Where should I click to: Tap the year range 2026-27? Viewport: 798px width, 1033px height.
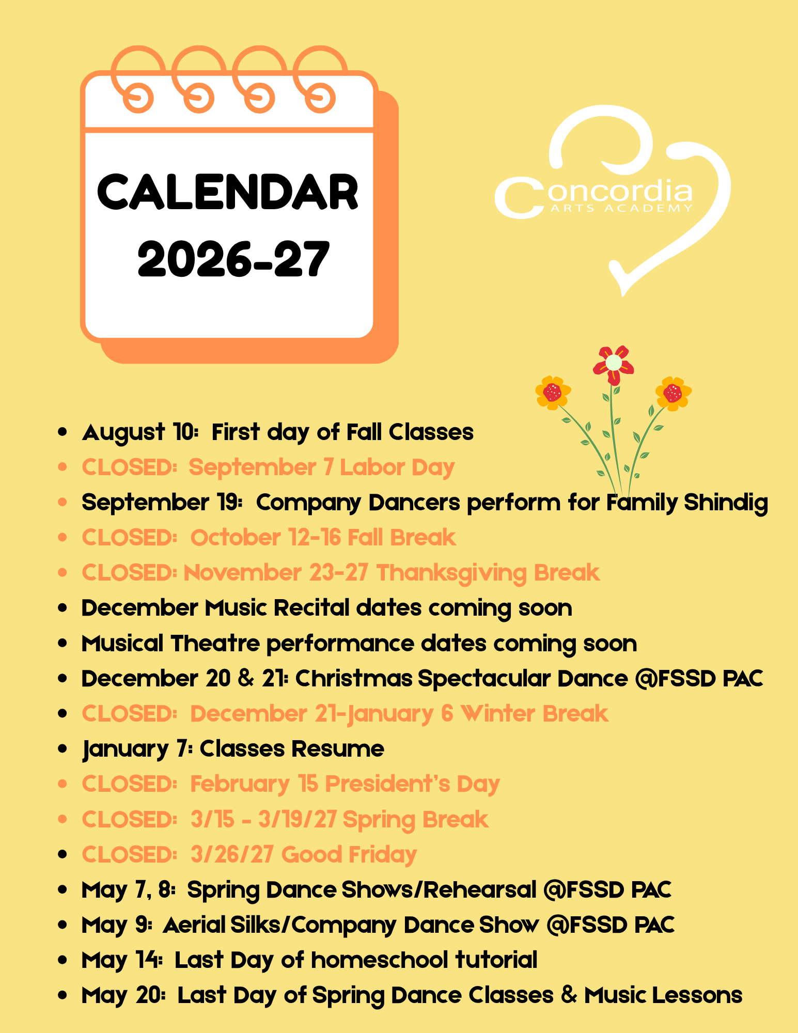click(x=233, y=259)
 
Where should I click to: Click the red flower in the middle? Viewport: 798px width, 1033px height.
click(x=614, y=364)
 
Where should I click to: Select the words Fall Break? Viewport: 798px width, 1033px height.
click(x=402, y=538)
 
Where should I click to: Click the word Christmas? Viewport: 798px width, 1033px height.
click(x=354, y=679)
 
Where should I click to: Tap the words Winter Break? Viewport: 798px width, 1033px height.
click(x=535, y=714)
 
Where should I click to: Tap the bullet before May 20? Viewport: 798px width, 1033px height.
click(x=63, y=995)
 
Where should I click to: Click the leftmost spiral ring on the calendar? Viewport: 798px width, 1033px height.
click(x=138, y=77)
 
